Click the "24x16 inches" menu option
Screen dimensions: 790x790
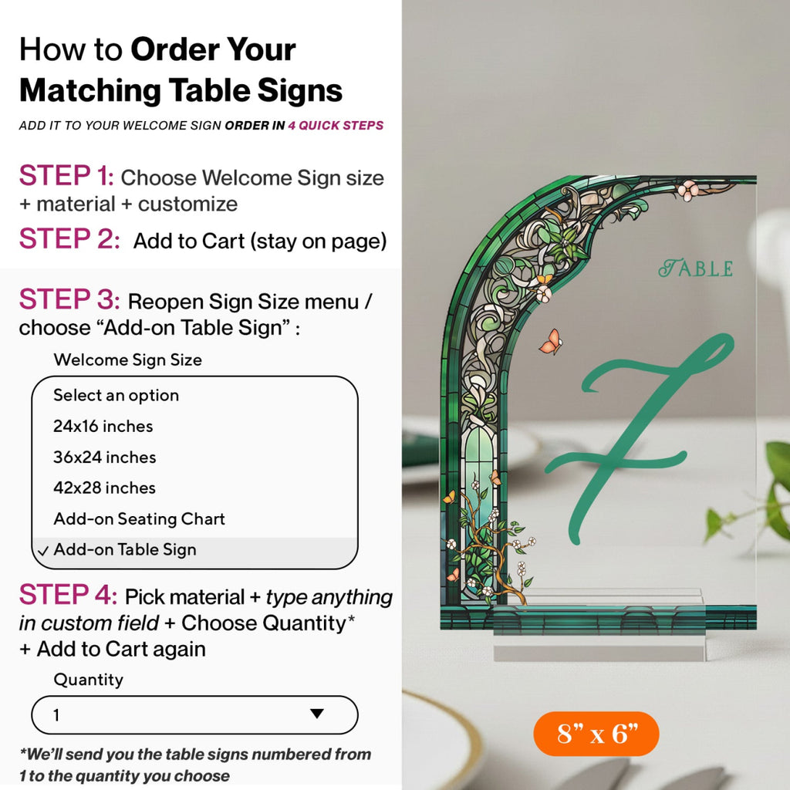[103, 426]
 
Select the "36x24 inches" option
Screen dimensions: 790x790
[104, 457]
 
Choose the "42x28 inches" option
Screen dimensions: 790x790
[104, 488]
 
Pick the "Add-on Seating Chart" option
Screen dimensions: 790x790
[139, 518]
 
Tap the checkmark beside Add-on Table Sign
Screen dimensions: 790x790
[43, 551]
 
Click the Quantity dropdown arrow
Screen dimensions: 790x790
[317, 714]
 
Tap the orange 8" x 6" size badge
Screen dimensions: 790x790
[596, 734]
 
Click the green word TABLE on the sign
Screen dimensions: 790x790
[696, 268]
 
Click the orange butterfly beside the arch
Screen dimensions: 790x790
[551, 342]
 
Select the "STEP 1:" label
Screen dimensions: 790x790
[66, 176]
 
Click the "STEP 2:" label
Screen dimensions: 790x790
[69, 239]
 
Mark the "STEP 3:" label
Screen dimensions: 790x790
[69, 299]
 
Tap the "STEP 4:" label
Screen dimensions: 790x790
[68, 595]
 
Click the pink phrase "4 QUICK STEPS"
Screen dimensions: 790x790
[336, 126]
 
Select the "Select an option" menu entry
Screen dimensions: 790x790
[116, 396]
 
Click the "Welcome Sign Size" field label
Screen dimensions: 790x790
[127, 360]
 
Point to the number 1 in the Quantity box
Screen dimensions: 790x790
[56, 715]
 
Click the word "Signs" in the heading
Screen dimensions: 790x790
[300, 91]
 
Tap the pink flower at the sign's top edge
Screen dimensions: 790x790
[688, 191]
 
